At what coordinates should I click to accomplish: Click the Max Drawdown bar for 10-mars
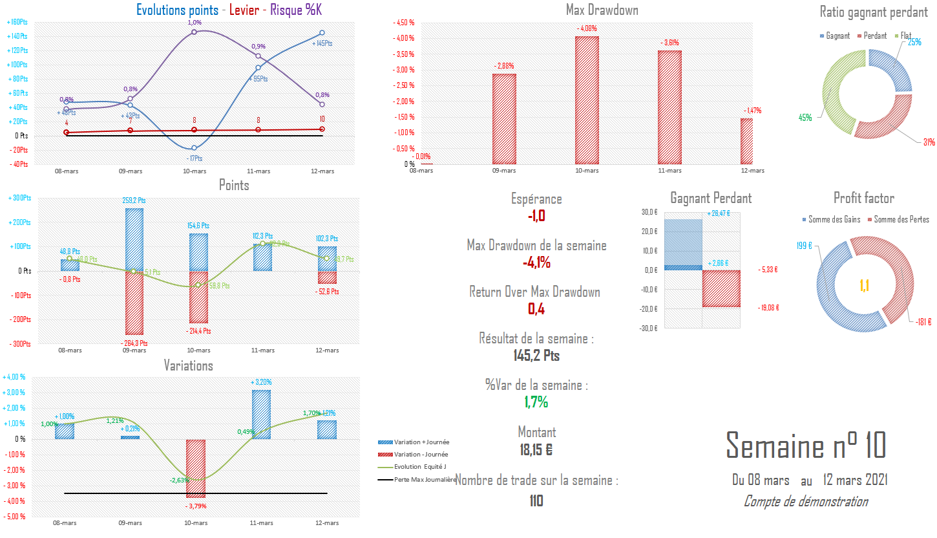pos(587,100)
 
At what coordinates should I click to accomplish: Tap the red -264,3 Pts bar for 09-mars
pos(134,302)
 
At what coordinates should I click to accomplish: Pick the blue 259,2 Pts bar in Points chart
pos(134,239)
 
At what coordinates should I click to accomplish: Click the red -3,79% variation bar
pos(196,469)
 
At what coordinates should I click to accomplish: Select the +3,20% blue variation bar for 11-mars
pos(262,414)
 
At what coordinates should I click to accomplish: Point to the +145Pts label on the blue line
pos(322,43)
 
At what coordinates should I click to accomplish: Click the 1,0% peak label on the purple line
pos(195,23)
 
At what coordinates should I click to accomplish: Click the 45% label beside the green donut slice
pos(805,118)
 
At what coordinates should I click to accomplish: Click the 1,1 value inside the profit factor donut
pos(865,285)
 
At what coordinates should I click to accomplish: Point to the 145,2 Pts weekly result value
pos(536,356)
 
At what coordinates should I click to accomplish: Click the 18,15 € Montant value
pos(536,450)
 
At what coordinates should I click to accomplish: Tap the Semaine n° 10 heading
pos(806,446)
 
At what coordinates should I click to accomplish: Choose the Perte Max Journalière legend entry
pos(417,480)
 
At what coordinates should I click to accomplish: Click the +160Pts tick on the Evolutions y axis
pos(17,23)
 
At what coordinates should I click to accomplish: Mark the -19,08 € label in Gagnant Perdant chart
pos(770,308)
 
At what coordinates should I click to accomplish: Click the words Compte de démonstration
pos(805,501)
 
